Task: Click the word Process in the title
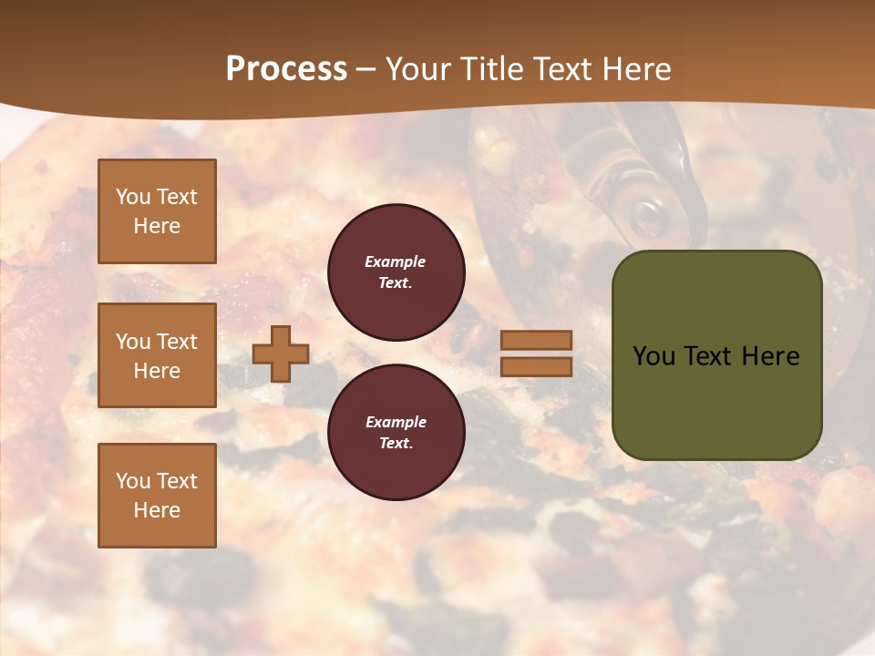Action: point(286,68)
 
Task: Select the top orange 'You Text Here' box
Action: point(157,211)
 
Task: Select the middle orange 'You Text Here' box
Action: point(157,355)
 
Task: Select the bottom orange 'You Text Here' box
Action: point(157,495)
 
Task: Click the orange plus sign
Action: point(281,354)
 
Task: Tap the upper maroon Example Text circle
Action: point(396,272)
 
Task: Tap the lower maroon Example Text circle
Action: point(396,432)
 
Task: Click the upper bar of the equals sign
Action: point(536,340)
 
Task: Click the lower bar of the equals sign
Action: point(536,366)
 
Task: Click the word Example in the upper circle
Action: point(396,261)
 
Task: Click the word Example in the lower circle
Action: point(396,422)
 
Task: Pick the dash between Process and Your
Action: point(366,69)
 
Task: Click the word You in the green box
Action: point(654,355)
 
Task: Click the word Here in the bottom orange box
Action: point(157,509)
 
